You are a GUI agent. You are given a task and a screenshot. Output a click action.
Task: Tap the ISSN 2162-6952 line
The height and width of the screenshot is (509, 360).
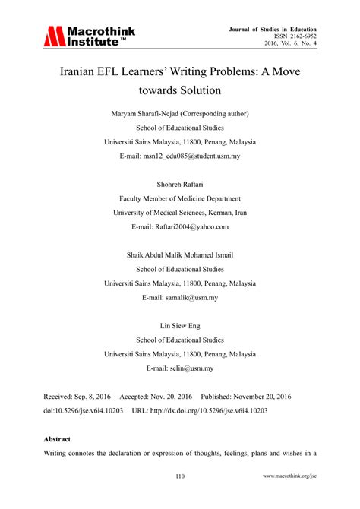292,36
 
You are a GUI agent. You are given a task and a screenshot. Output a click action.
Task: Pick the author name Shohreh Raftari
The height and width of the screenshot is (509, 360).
180,185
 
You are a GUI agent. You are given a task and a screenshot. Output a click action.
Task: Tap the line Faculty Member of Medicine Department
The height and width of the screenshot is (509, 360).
180,199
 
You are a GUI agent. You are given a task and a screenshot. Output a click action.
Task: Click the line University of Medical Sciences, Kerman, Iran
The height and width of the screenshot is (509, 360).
180,213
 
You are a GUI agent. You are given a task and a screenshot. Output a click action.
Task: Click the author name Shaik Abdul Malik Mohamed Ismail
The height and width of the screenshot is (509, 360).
180,256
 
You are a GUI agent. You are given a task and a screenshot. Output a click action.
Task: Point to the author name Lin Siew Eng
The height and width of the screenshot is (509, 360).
180,327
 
